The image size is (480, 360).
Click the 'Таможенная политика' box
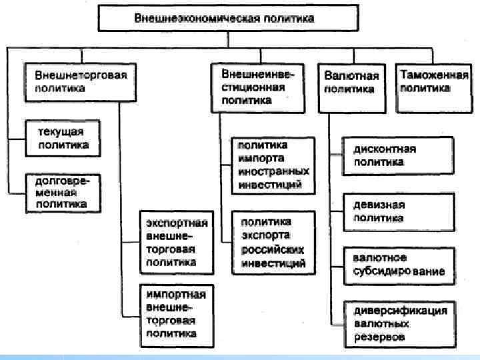tap(433, 87)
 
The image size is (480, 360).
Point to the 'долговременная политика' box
tap(63, 192)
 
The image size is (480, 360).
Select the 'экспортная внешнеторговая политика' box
tap(177, 243)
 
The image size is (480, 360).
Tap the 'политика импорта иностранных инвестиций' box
tap(270, 165)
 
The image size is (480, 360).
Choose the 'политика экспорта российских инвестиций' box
tap(270, 242)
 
